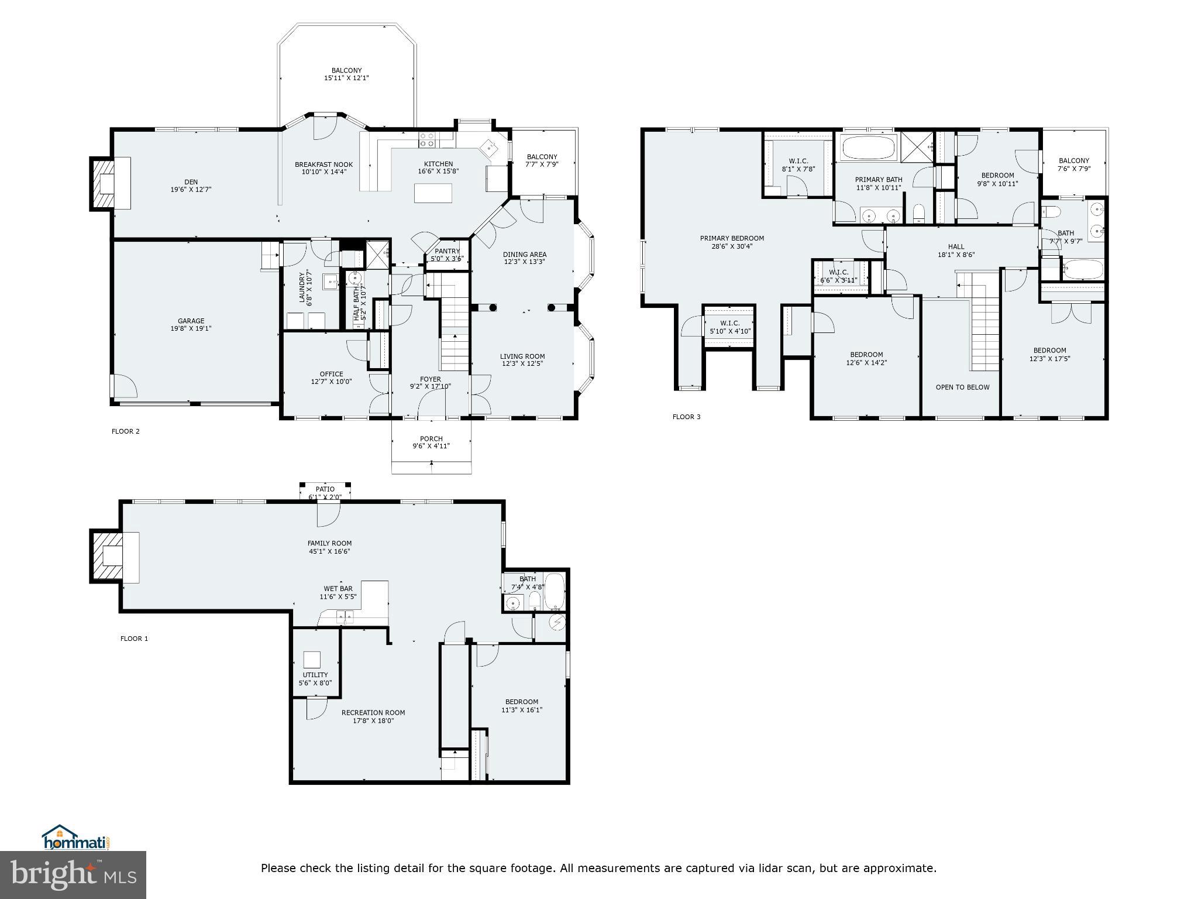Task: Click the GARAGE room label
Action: click(191, 321)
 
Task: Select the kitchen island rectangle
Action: click(433, 193)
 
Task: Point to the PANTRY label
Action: click(447, 251)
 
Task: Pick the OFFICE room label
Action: click(331, 374)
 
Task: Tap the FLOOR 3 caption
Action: click(686, 417)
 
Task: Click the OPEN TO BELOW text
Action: click(962, 387)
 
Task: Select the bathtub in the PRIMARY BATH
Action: click(868, 147)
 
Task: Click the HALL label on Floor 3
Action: click(956, 246)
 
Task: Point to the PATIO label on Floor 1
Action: click(325, 489)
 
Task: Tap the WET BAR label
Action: click(338, 589)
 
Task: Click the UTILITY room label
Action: click(315, 675)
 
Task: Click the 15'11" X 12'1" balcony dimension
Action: click(346, 78)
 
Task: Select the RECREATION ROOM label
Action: click(373, 712)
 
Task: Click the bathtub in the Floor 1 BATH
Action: click(555, 592)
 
